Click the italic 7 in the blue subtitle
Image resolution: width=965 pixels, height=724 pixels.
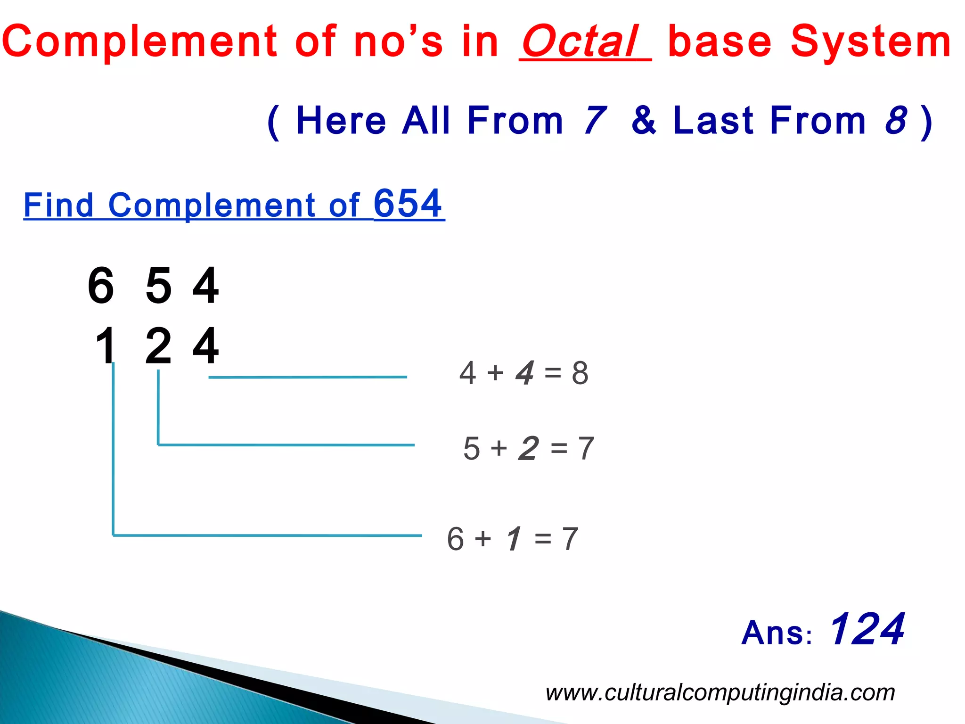(x=595, y=121)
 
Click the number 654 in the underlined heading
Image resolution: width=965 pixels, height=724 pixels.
(x=408, y=204)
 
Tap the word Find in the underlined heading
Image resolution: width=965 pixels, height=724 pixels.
(x=58, y=206)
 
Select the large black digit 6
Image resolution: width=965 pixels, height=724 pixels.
(x=101, y=286)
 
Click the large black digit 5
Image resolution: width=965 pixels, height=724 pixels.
(x=158, y=286)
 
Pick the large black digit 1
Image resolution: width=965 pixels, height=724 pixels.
(x=106, y=346)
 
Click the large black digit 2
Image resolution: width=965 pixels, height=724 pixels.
(x=158, y=346)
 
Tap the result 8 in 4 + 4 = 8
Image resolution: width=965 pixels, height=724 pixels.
(x=580, y=373)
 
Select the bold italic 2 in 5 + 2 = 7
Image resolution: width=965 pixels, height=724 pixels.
(x=528, y=448)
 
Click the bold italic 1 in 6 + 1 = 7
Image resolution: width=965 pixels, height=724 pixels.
(x=514, y=539)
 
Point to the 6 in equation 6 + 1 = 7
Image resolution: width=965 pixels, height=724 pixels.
(x=456, y=539)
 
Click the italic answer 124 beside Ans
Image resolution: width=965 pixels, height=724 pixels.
(x=866, y=629)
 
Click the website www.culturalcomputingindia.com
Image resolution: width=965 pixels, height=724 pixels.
(x=720, y=692)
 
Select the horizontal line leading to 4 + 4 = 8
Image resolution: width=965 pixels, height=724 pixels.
(x=307, y=377)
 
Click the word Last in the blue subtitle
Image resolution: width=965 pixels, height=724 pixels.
(x=714, y=121)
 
